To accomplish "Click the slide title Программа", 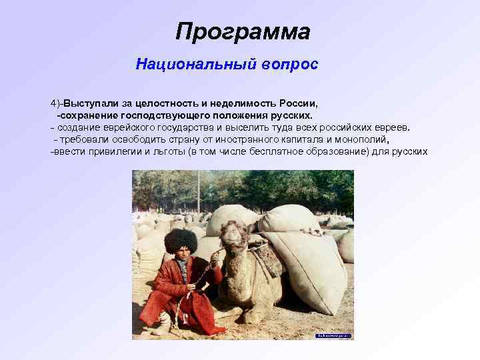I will tap(243, 31).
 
